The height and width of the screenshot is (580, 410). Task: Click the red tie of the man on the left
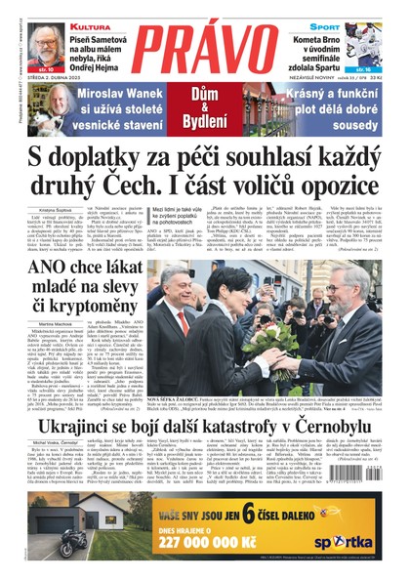(182, 322)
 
